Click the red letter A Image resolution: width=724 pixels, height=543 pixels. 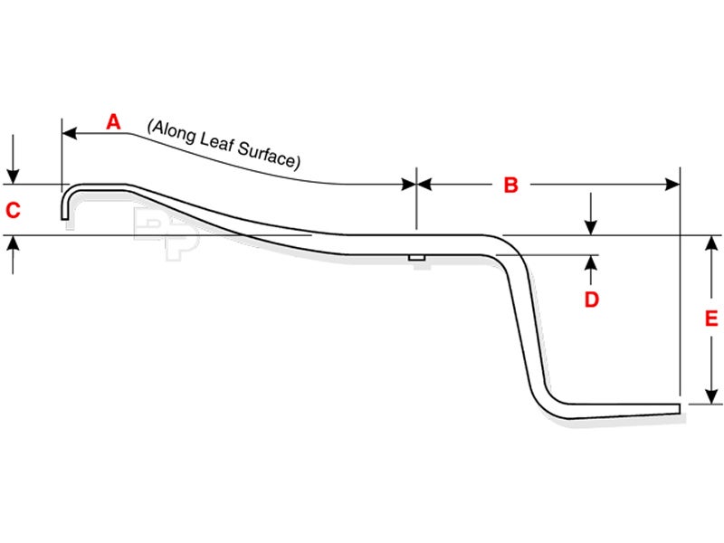click(113, 121)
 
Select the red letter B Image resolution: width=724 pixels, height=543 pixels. click(510, 186)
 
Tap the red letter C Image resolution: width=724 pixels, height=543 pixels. click(13, 211)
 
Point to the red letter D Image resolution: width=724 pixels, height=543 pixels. click(591, 300)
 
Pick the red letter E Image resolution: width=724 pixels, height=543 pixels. click(711, 319)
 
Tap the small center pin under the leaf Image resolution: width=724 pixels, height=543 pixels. click(416, 258)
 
